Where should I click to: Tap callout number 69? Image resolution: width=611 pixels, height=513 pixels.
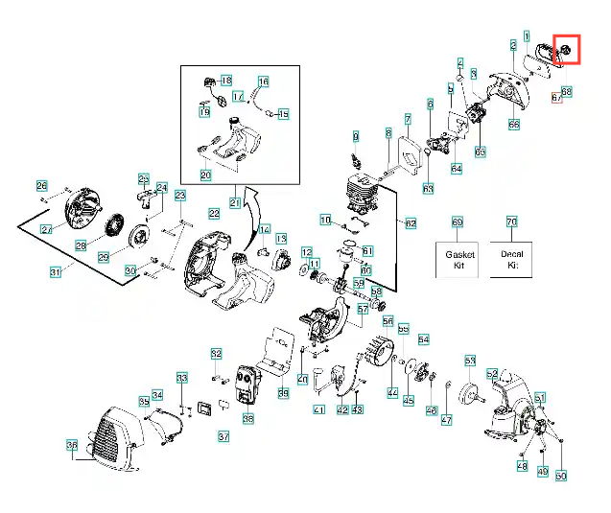point(457,222)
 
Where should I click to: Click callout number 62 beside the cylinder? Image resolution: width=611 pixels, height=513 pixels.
point(411,223)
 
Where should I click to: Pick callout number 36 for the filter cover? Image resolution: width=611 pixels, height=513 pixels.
point(71,445)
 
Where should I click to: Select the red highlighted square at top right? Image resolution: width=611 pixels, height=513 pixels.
point(566,48)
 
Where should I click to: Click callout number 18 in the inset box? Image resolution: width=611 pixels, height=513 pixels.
point(226,79)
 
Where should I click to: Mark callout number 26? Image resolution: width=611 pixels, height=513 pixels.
point(41,186)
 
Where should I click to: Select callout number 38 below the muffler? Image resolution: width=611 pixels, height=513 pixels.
point(247,418)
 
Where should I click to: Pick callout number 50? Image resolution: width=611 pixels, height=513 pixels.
point(562,475)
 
